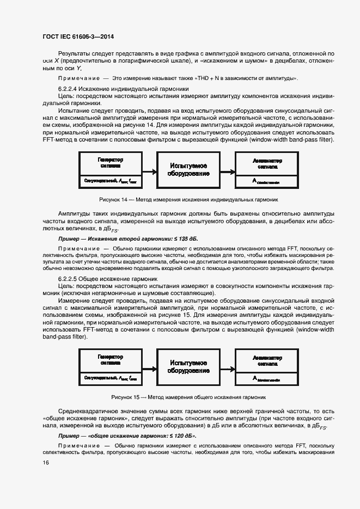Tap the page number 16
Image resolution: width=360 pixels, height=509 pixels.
[46, 462]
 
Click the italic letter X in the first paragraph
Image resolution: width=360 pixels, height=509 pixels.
[56, 61]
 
